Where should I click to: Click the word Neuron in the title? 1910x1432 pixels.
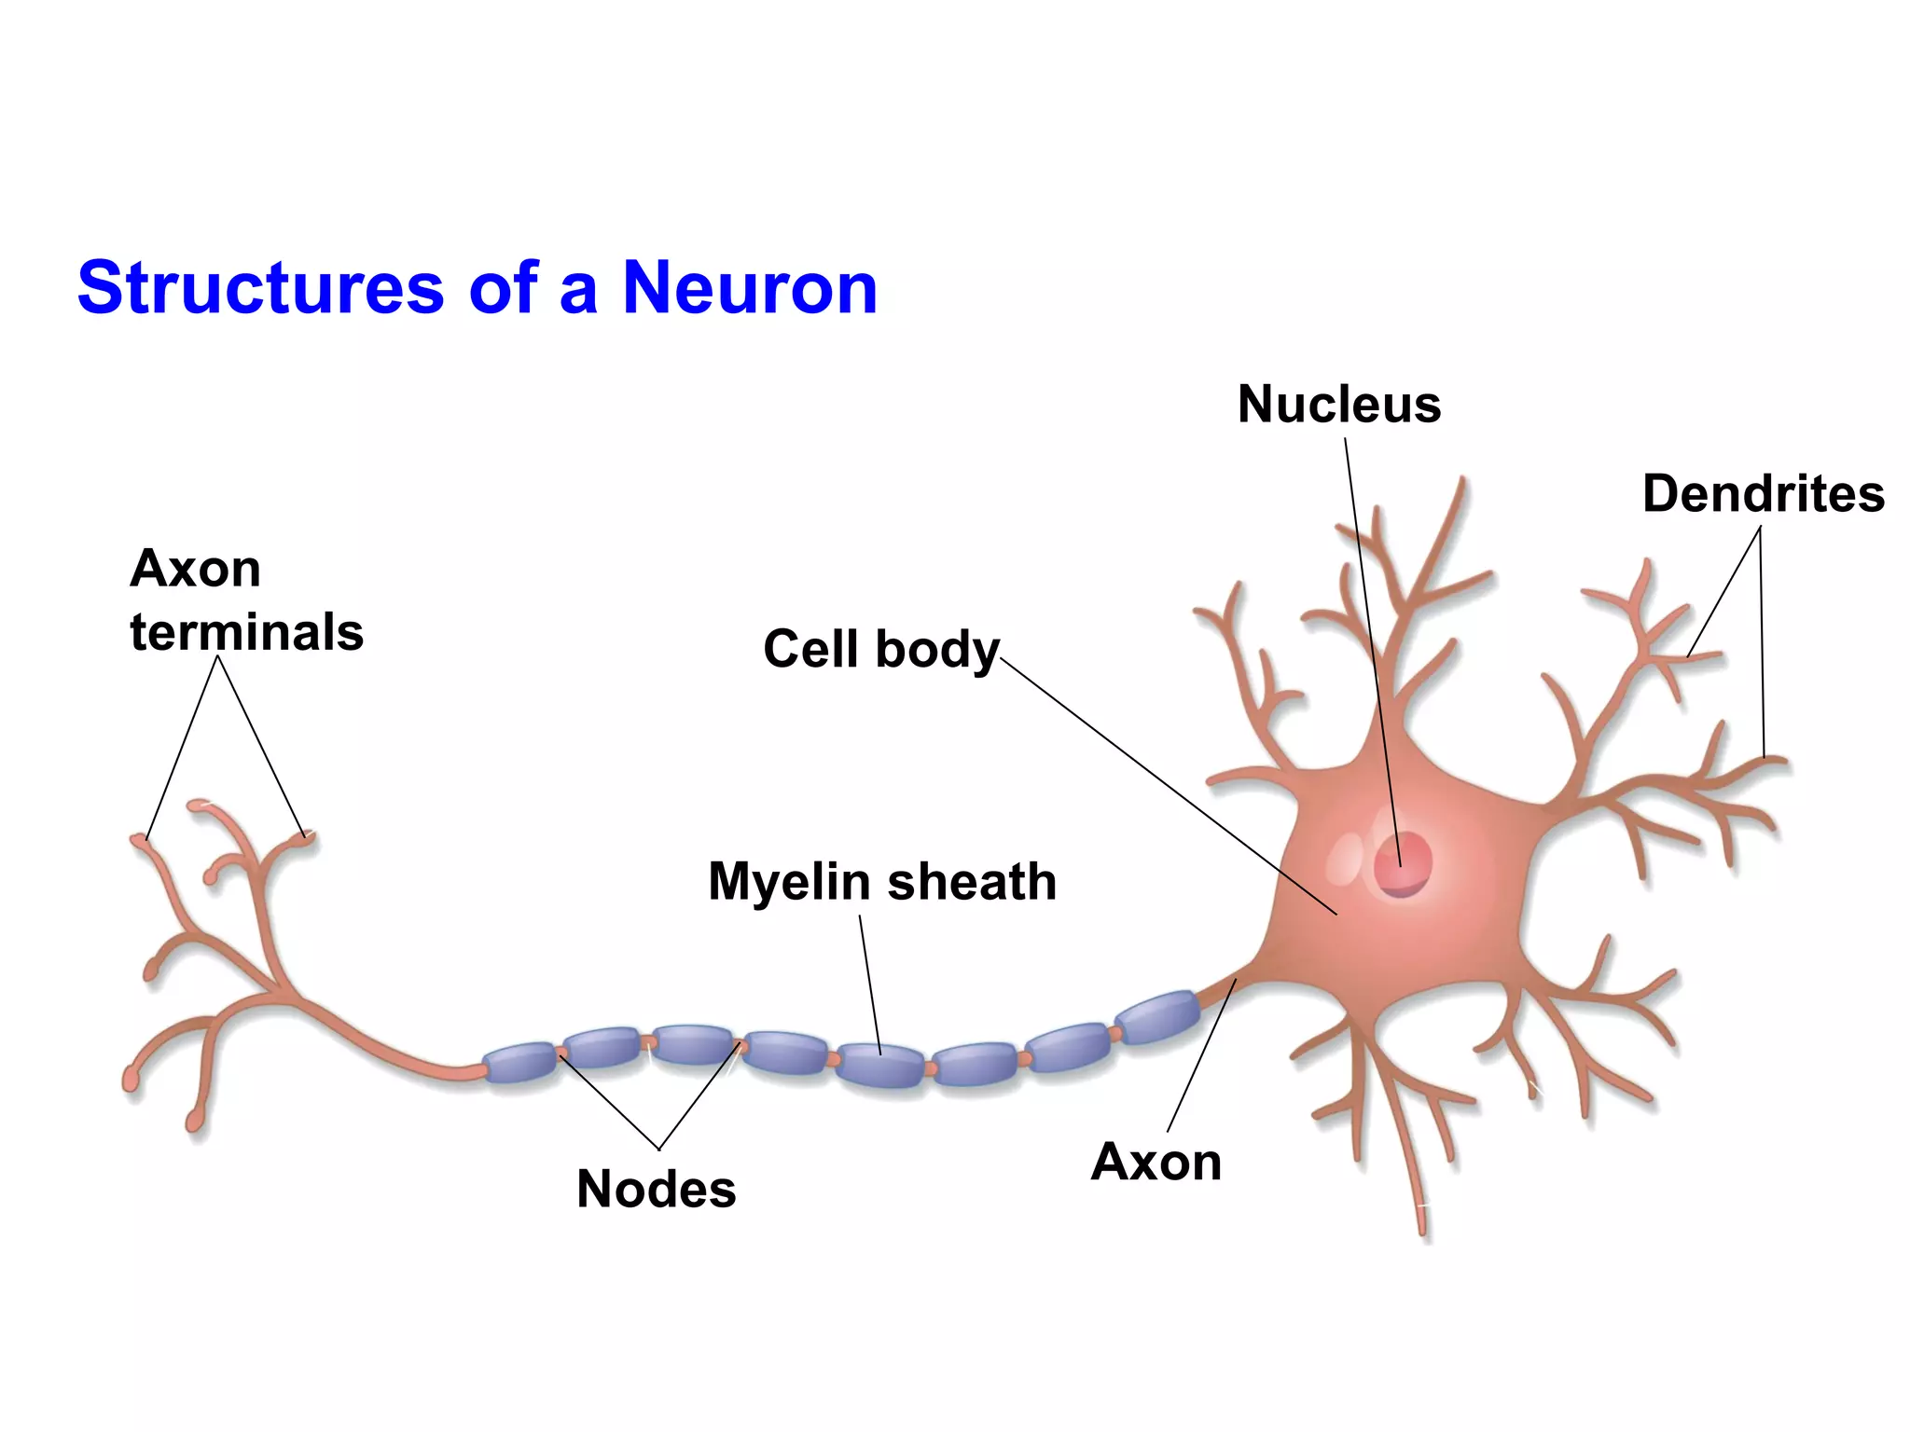click(x=750, y=288)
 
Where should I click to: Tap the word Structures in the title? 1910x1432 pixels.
click(x=261, y=288)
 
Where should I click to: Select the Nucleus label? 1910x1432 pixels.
click(x=1339, y=405)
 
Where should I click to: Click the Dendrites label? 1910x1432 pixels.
click(x=1763, y=494)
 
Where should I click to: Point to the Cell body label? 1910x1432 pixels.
click(x=880, y=649)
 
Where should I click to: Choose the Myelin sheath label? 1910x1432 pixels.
click(x=882, y=882)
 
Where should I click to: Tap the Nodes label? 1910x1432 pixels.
click(x=656, y=1190)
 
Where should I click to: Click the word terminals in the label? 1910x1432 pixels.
click(x=246, y=633)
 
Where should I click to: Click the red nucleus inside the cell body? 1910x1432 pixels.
click(x=1403, y=863)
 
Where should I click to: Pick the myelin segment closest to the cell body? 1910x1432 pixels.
click(x=1157, y=1017)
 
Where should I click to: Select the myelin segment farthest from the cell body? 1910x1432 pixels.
click(x=520, y=1063)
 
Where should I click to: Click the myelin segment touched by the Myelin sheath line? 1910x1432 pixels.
click(x=880, y=1066)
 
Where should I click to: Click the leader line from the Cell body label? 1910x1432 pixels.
click(x=1166, y=783)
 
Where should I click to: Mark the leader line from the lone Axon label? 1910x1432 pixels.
click(x=1201, y=1055)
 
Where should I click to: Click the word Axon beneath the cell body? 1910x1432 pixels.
click(x=1156, y=1163)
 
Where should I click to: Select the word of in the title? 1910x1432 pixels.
click(x=504, y=288)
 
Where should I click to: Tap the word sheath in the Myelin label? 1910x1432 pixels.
click(x=972, y=882)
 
